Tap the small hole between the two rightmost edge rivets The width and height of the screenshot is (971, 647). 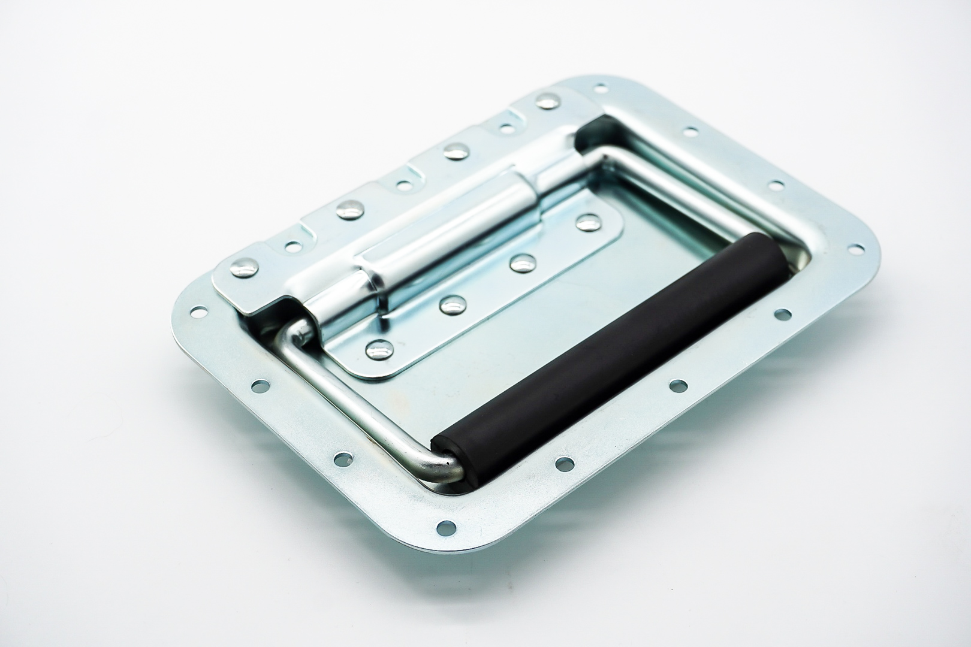506,128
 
